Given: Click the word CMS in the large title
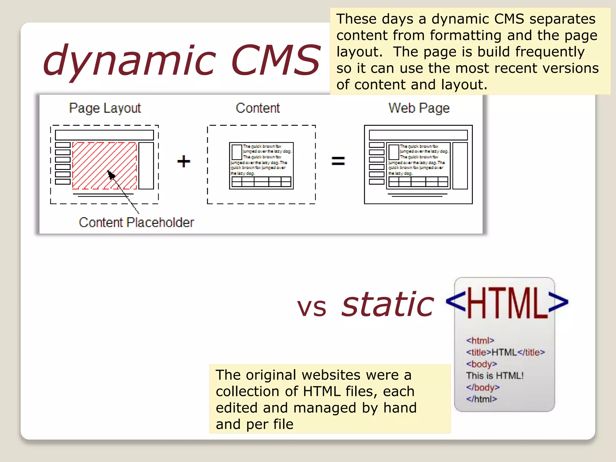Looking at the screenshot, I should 276,60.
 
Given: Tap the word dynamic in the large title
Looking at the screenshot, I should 129,60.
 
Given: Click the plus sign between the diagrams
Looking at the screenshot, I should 183,161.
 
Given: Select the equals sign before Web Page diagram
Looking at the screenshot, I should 338,161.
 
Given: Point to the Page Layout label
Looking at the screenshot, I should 105,108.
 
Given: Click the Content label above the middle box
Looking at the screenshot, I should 258,108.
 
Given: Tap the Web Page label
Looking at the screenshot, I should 419,108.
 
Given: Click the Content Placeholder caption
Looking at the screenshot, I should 136,223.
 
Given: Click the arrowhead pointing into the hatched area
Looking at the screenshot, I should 111,174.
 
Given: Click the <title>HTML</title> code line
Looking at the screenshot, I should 505,352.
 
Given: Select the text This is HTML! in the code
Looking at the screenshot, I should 495,376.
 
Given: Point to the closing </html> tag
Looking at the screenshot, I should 481,399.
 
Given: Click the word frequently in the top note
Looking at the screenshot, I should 550,52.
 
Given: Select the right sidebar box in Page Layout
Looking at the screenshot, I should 146,166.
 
